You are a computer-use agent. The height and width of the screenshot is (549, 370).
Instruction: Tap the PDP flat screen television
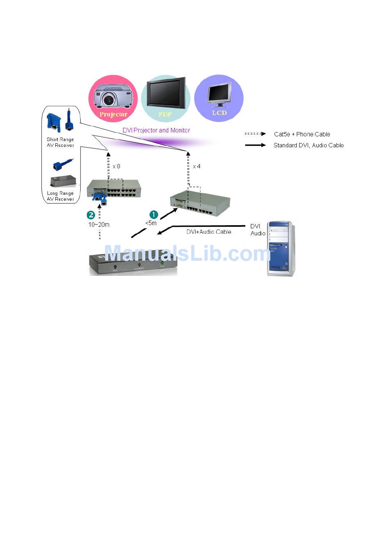pyautogui.click(x=166, y=94)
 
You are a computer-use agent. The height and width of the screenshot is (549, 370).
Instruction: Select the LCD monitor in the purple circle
pyautogui.click(x=219, y=94)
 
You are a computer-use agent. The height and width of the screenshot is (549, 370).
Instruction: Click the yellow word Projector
pyautogui.click(x=113, y=114)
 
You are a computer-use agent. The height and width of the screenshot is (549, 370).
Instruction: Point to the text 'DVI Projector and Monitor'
pyautogui.click(x=156, y=130)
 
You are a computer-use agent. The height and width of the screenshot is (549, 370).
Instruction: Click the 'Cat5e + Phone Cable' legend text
pyautogui.click(x=302, y=134)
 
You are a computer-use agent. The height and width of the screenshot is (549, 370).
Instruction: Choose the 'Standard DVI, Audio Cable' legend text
pyautogui.click(x=308, y=145)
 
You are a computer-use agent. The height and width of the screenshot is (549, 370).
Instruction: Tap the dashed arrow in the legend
pyautogui.click(x=255, y=134)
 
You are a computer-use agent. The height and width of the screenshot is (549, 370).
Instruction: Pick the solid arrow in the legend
pyautogui.click(x=255, y=145)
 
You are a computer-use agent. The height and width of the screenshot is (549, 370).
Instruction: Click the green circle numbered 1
pyautogui.click(x=154, y=215)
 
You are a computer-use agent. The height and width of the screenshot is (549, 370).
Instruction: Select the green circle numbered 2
pyautogui.click(x=91, y=215)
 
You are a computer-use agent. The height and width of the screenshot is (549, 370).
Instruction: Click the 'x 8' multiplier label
pyautogui.click(x=116, y=166)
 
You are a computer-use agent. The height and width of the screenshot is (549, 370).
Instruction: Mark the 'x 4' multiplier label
pyautogui.click(x=197, y=166)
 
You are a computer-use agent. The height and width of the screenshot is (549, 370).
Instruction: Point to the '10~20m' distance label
pyautogui.click(x=99, y=224)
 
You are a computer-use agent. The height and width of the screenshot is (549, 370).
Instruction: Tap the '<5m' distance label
pyautogui.click(x=151, y=223)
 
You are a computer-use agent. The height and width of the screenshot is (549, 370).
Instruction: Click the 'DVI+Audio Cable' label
pyautogui.click(x=209, y=232)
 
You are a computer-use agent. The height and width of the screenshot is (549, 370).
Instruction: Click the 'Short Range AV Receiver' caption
pyautogui.click(x=60, y=142)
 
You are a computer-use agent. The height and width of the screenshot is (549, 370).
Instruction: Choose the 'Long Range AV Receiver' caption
pyautogui.click(x=60, y=196)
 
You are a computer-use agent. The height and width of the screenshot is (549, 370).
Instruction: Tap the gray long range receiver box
pyautogui.click(x=63, y=181)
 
